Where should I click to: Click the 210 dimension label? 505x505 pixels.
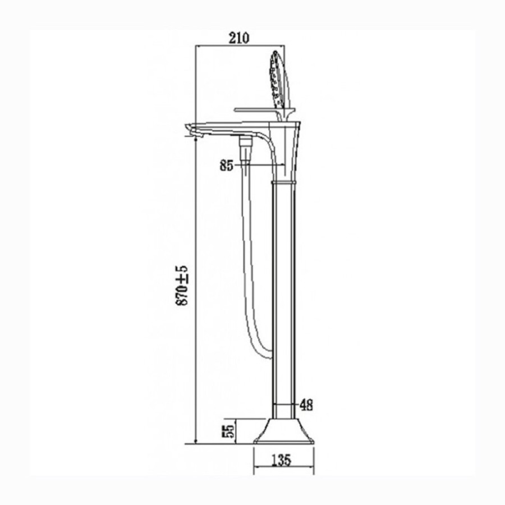[x=239, y=38]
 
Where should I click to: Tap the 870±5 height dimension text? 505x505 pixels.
[x=182, y=286]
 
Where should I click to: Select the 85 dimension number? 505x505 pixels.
[x=227, y=166]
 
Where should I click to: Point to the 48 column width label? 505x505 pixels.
[x=306, y=405]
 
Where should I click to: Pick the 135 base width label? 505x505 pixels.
[x=282, y=460]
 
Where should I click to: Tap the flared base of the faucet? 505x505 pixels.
[x=284, y=431]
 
